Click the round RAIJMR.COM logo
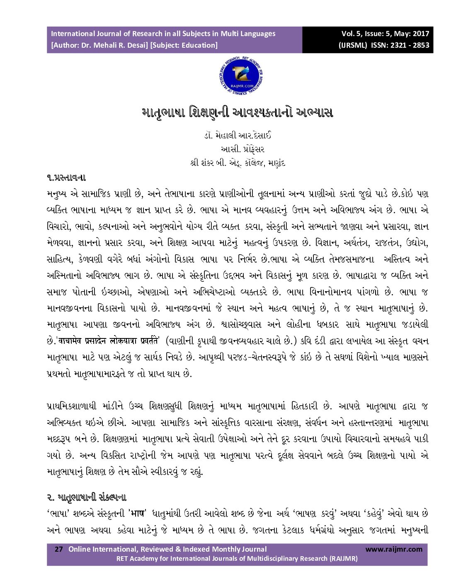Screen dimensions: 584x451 [241, 76]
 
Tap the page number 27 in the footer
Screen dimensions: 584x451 [59, 549]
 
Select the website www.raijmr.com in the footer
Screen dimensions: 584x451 [394, 549]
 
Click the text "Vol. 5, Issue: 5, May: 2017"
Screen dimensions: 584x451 [385, 34]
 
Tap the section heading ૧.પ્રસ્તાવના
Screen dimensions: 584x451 [66, 178]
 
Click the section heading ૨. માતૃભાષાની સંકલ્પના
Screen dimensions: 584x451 [86, 497]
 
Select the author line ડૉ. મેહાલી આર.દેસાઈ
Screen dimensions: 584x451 [238, 136]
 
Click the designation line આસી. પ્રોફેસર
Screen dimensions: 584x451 [242, 149]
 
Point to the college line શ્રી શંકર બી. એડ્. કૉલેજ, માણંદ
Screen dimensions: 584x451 [238, 163]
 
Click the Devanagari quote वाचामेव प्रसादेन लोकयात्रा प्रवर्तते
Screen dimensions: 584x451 [109, 341]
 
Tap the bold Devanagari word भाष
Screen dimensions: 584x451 [138, 513]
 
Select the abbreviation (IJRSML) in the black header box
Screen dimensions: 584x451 [353, 45]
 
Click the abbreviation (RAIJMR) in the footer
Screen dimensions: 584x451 [342, 558]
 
